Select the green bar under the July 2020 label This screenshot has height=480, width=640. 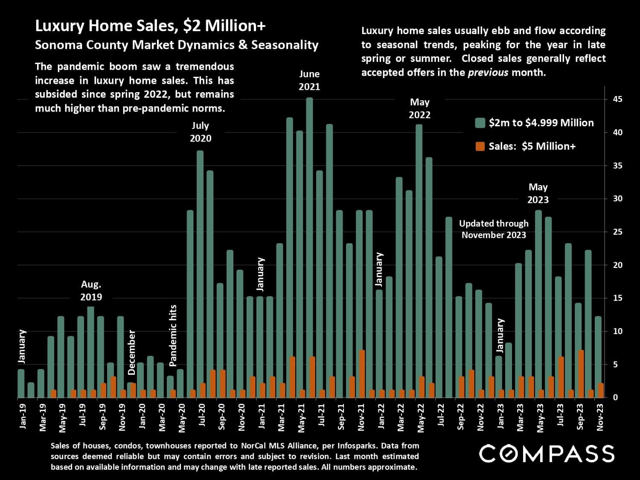[x=200, y=273]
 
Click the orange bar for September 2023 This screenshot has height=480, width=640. [x=581, y=374]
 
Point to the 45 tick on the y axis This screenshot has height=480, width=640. [x=617, y=99]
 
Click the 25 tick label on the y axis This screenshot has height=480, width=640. [x=617, y=232]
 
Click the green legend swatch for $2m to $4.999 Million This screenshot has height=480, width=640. [x=480, y=123]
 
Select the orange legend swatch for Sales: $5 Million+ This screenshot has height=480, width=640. [x=480, y=146]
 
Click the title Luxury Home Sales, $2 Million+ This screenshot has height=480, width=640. [x=150, y=26]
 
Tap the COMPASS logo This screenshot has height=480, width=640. [x=547, y=454]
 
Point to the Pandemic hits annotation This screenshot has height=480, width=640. [x=173, y=335]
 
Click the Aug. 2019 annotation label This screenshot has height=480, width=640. [x=91, y=291]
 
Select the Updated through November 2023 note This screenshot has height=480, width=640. [x=494, y=229]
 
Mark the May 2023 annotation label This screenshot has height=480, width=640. [x=538, y=193]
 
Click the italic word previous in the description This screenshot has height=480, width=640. [x=488, y=73]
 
